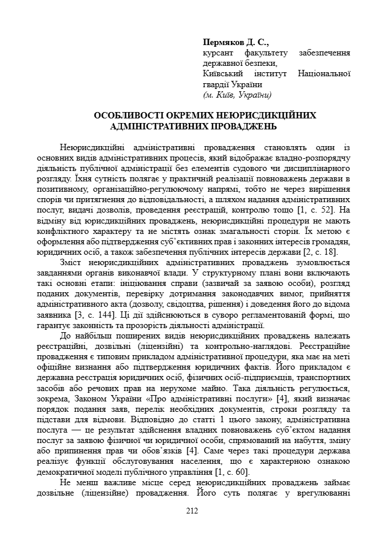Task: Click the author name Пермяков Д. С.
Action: (236, 43)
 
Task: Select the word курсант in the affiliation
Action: (218, 53)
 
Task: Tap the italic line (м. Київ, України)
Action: (237, 95)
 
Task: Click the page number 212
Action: (193, 510)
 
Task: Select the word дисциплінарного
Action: (315, 168)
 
